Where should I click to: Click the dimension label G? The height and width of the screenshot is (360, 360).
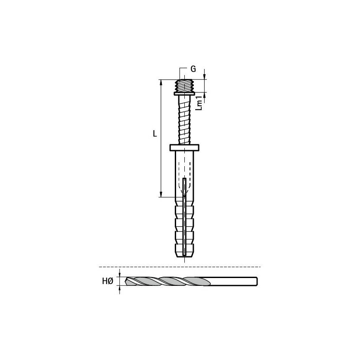pyautogui.click(x=193, y=69)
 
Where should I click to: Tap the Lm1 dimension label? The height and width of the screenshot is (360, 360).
pyautogui.click(x=200, y=103)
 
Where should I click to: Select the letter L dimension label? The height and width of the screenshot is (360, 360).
pyautogui.click(x=155, y=134)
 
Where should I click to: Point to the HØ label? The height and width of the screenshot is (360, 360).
pyautogui.click(x=108, y=281)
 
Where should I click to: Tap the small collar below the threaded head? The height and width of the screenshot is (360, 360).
pyautogui.click(x=184, y=94)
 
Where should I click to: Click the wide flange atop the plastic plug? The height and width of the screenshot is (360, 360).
pyautogui.click(x=184, y=147)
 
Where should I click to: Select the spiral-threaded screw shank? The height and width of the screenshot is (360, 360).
pyautogui.click(x=185, y=120)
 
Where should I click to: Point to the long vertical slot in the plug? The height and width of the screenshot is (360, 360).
pyautogui.click(x=184, y=216)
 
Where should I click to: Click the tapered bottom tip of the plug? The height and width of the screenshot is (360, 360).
pyautogui.click(x=184, y=255)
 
